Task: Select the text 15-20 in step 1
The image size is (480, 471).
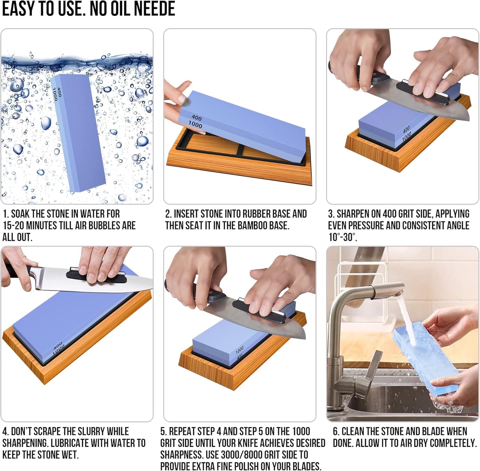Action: click(13, 225)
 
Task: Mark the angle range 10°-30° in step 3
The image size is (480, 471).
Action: click(343, 237)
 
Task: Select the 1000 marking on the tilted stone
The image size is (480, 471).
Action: click(195, 124)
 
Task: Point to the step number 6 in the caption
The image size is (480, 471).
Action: click(335, 431)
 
